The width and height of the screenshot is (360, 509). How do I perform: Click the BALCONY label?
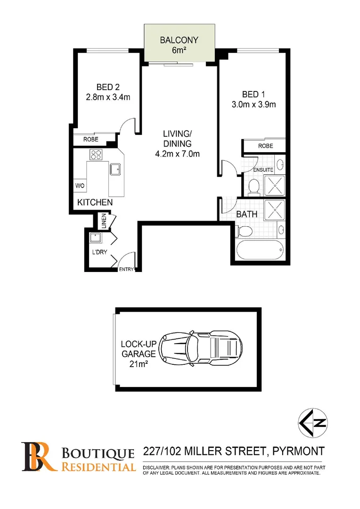coord(179,41)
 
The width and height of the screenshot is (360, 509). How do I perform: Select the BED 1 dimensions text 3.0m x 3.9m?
coord(253,104)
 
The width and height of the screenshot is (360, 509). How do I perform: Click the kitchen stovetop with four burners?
coord(97,155)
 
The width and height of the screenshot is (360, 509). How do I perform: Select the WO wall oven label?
coord(79,186)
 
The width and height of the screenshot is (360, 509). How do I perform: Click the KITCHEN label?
coord(95,203)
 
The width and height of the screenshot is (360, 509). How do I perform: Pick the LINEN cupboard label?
coord(103,221)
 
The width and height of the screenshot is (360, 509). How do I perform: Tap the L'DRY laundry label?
coord(99,252)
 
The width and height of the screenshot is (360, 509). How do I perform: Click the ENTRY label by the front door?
coord(126,270)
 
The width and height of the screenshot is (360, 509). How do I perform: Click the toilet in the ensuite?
coord(254,186)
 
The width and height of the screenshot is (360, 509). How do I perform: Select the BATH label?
coord(246,214)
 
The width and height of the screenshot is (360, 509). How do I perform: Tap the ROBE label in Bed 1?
coord(265,146)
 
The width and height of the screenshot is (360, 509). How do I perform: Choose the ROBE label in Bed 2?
coord(90,140)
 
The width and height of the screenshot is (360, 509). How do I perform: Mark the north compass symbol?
coord(313,422)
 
